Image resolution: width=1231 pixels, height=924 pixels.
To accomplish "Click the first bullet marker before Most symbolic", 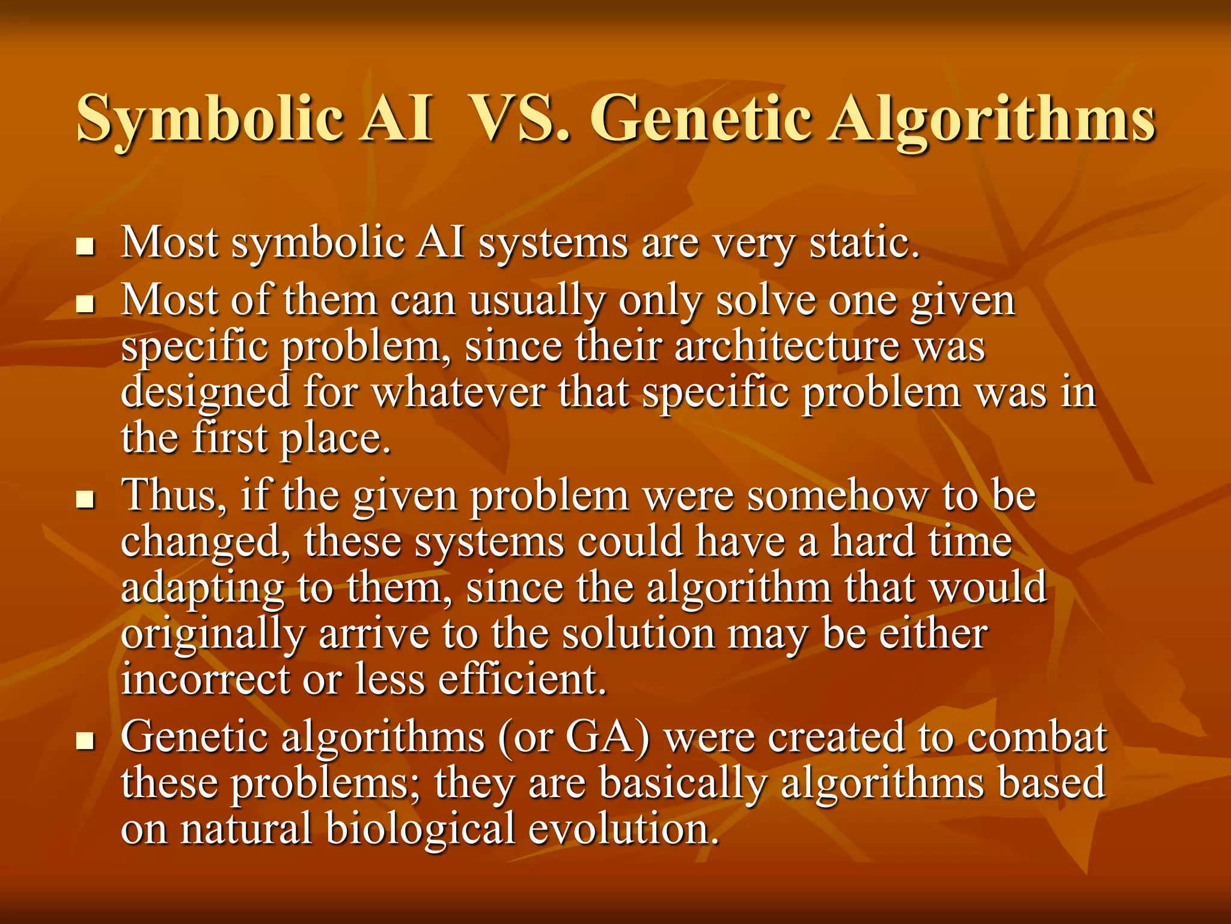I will pos(86,247).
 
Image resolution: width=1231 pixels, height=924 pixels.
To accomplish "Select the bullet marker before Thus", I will pos(86,499).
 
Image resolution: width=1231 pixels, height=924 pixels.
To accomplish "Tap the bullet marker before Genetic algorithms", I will pos(86,741).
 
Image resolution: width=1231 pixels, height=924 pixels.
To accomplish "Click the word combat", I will pos(1037,738).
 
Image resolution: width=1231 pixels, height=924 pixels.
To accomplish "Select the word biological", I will pos(420,829).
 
